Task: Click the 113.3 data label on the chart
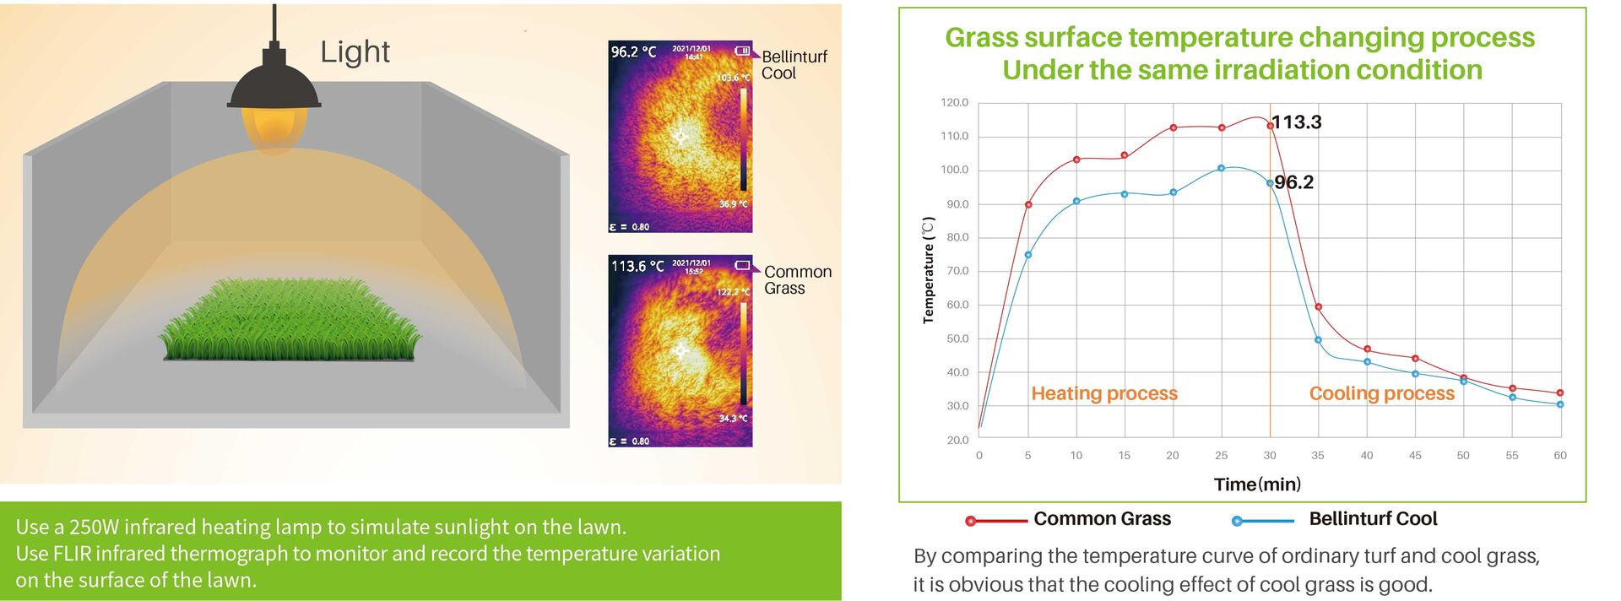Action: (x=1297, y=122)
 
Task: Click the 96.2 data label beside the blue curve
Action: (x=1294, y=182)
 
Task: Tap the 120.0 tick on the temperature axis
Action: (x=955, y=103)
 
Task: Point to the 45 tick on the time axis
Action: (x=1415, y=456)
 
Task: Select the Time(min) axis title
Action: (x=1257, y=485)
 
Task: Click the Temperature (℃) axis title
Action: (x=929, y=270)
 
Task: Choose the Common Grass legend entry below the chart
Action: (x=1102, y=519)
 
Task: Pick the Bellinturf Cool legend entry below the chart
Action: (x=1373, y=519)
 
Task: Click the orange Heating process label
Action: (x=1104, y=393)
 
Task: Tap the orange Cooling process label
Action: (x=1382, y=393)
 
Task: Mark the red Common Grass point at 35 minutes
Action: (x=1319, y=307)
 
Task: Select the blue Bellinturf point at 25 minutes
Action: (x=1221, y=169)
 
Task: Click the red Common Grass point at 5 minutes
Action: (x=1028, y=205)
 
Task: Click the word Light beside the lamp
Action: (x=355, y=52)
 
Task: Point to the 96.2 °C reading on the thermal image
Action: (x=633, y=52)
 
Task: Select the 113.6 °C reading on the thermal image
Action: (x=637, y=267)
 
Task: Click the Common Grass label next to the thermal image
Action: (x=797, y=280)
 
